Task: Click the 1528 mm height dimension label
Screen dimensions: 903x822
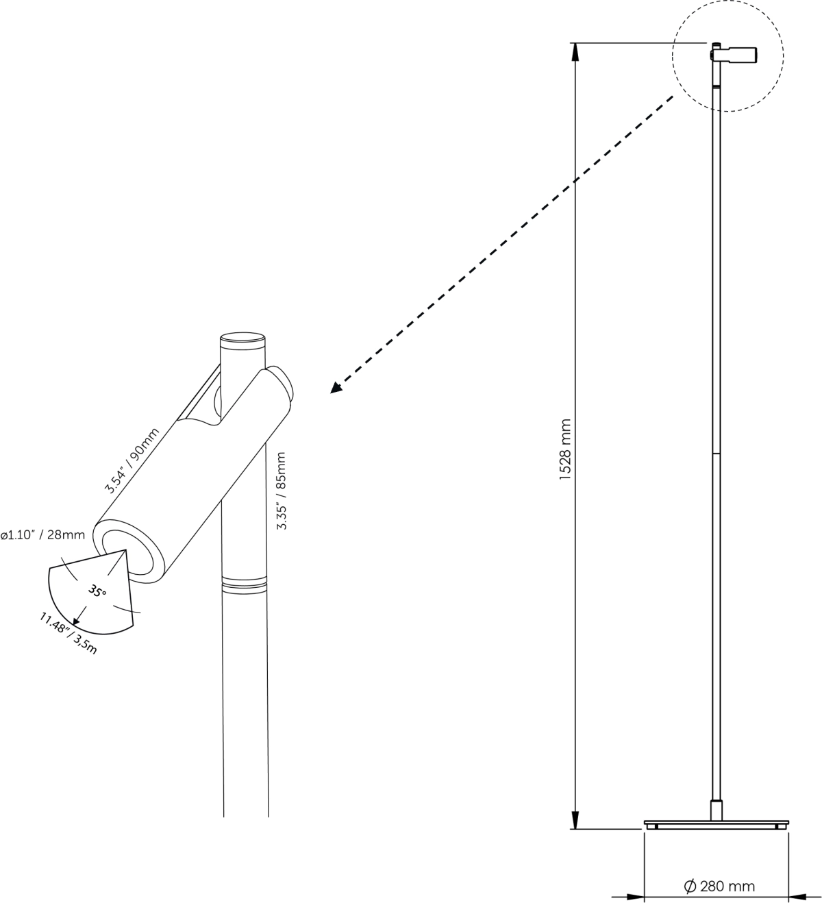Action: click(x=565, y=448)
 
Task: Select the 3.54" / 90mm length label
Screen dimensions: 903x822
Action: click(x=132, y=460)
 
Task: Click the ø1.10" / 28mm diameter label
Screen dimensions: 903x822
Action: click(x=42, y=535)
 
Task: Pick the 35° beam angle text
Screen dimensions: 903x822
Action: click(x=98, y=590)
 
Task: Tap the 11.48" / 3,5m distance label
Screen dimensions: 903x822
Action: click(x=68, y=634)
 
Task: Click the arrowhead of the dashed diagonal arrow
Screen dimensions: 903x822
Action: click(x=336, y=388)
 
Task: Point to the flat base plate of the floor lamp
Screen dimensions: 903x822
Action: click(x=717, y=823)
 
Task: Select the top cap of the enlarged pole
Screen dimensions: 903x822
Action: click(x=242, y=338)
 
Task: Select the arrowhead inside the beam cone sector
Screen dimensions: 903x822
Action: click(x=77, y=620)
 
